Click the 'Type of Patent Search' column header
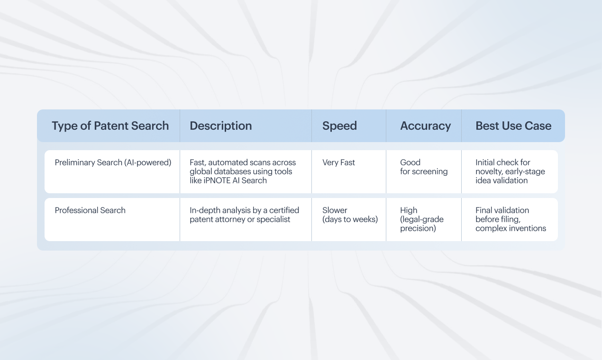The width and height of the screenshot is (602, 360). (x=110, y=126)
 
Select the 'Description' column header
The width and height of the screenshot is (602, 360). (x=220, y=126)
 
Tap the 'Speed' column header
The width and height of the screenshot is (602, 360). (x=339, y=126)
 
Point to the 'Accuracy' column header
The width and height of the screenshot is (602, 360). (x=426, y=126)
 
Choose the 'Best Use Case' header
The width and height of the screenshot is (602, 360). (x=513, y=126)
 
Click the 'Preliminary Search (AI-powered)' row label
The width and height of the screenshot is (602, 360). (x=113, y=162)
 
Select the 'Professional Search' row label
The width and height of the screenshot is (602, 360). (x=90, y=210)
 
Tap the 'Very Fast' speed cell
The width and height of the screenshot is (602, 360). (x=338, y=162)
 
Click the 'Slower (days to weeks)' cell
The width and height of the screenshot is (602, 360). (x=350, y=215)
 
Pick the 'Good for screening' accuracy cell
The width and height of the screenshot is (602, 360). (x=424, y=167)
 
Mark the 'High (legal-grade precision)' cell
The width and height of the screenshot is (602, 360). (x=422, y=219)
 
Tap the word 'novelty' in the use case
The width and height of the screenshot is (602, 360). (x=488, y=171)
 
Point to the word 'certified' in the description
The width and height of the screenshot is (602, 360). (x=284, y=210)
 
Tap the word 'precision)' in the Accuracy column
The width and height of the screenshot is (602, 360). (x=418, y=229)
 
